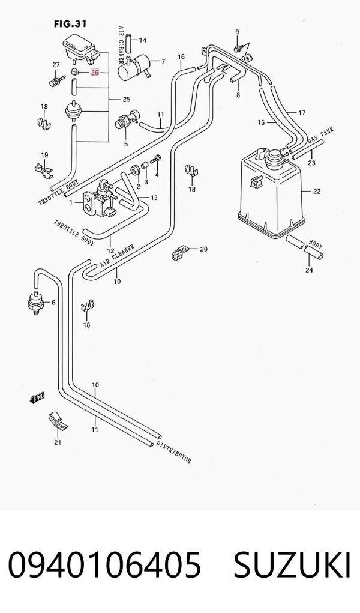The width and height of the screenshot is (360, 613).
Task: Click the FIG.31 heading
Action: tap(70, 24)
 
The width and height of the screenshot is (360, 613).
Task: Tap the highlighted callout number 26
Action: tap(95, 72)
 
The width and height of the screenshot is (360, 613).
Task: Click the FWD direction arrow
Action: tap(37, 398)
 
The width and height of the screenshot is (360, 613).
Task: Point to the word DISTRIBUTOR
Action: tap(174, 452)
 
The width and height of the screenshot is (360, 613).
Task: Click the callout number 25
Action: tap(126, 99)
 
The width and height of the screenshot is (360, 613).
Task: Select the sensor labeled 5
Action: tap(126, 121)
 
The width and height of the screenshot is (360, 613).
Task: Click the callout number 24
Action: tap(309, 270)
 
